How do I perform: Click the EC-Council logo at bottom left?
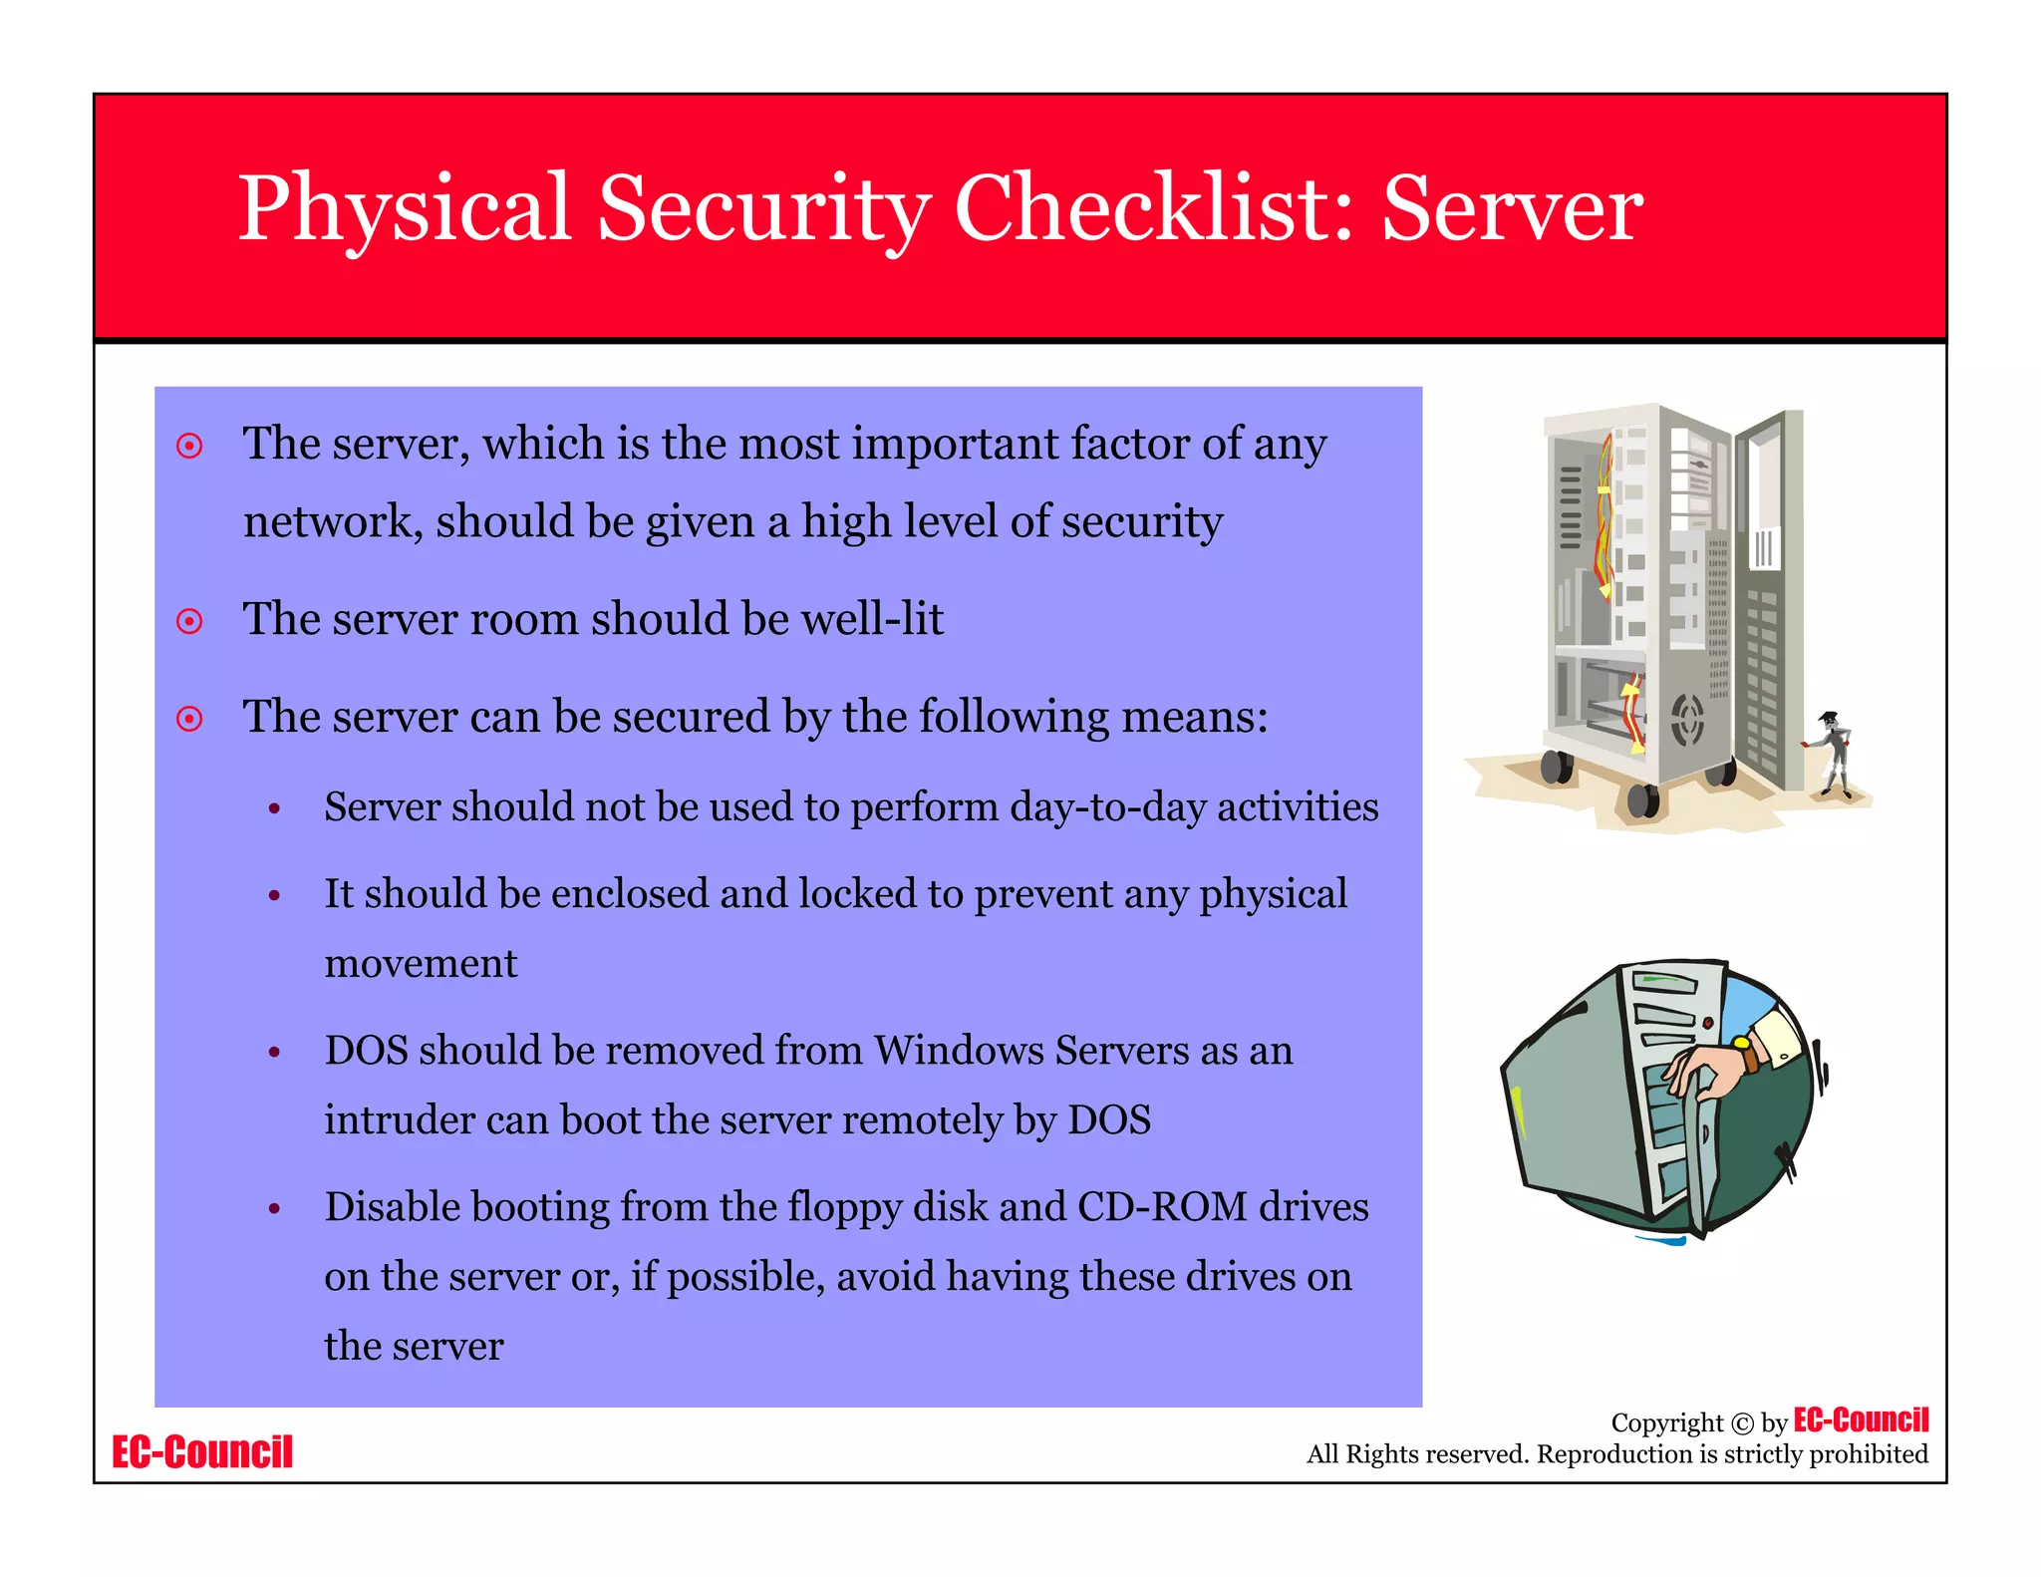(202, 1452)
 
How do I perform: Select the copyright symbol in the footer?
(1742, 1423)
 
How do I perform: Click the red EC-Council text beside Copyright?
(1861, 1419)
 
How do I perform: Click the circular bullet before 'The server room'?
(189, 622)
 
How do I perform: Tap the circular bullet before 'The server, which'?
(189, 446)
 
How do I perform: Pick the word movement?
(421, 964)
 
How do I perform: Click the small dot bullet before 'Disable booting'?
(274, 1209)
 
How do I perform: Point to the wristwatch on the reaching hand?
(1746, 1053)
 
